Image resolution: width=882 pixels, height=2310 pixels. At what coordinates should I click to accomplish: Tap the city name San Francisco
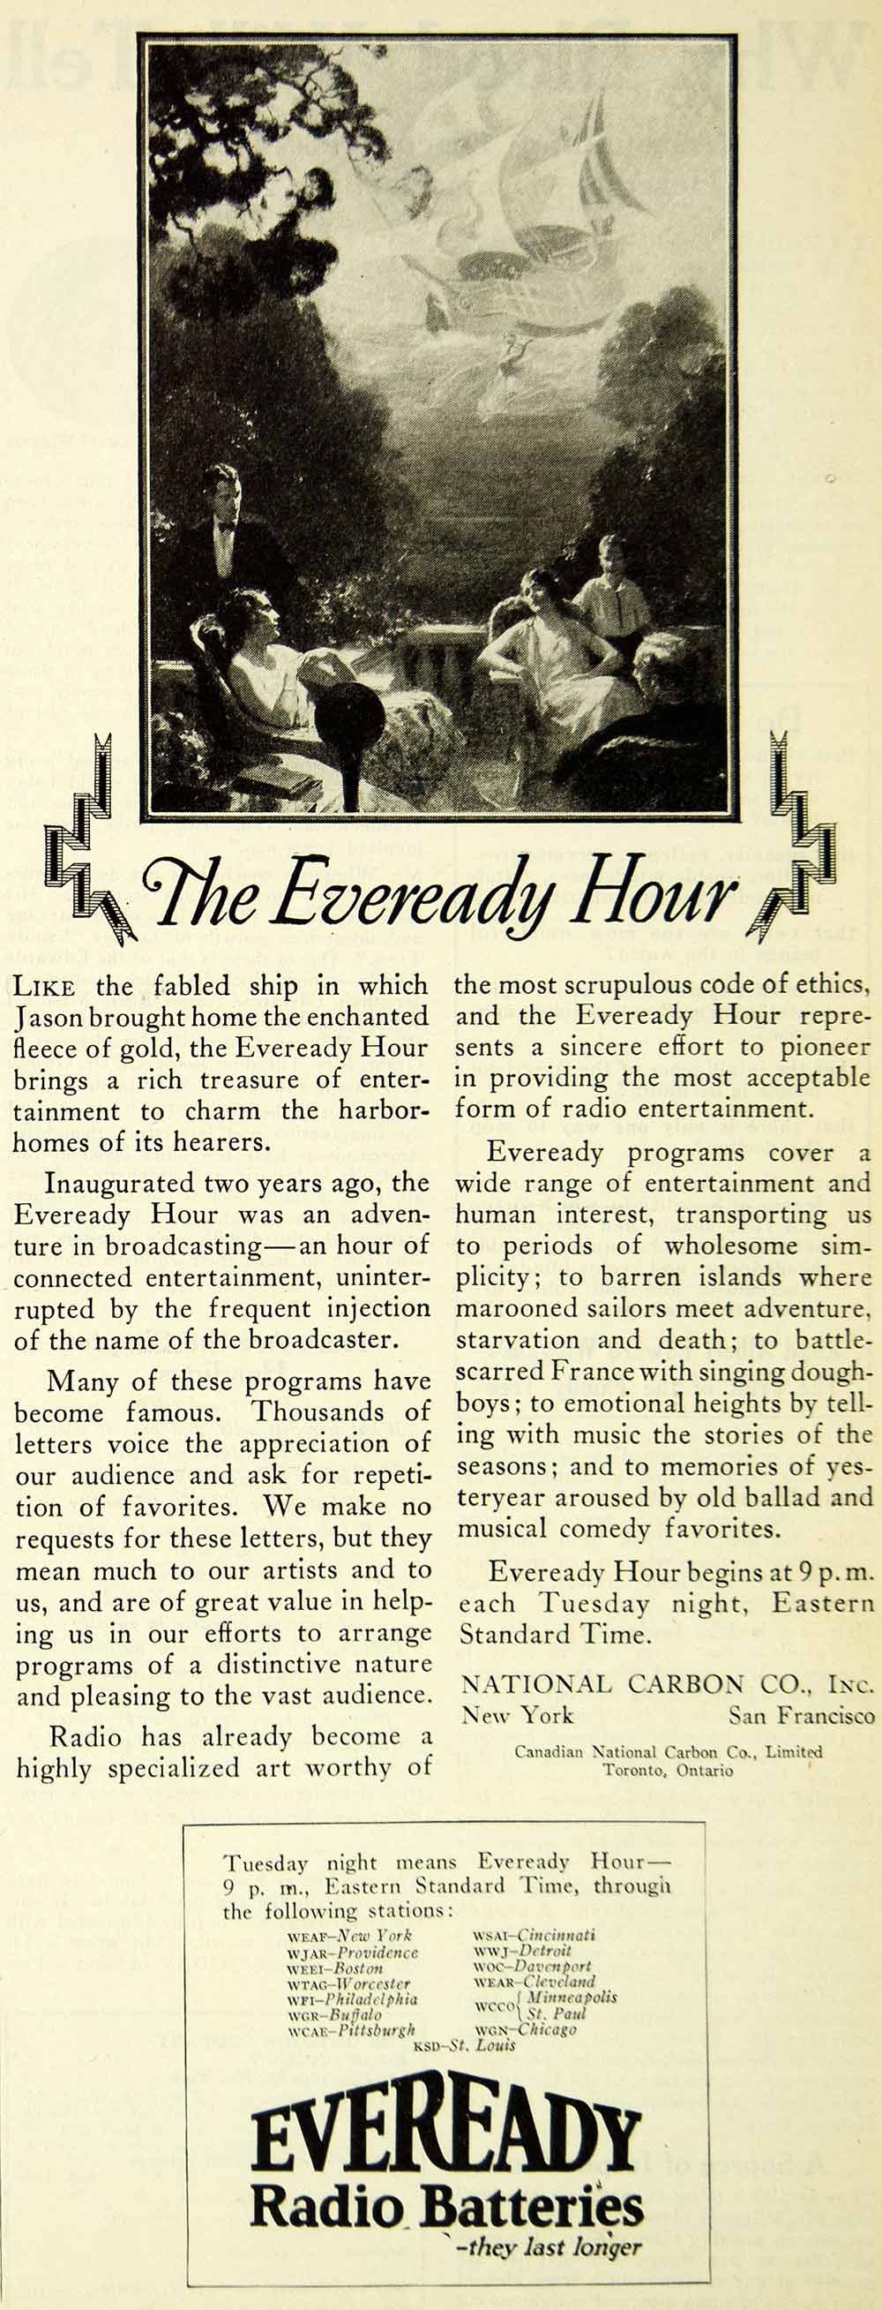coord(801,1715)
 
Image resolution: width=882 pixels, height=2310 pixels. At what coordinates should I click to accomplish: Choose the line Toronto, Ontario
coord(668,1770)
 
